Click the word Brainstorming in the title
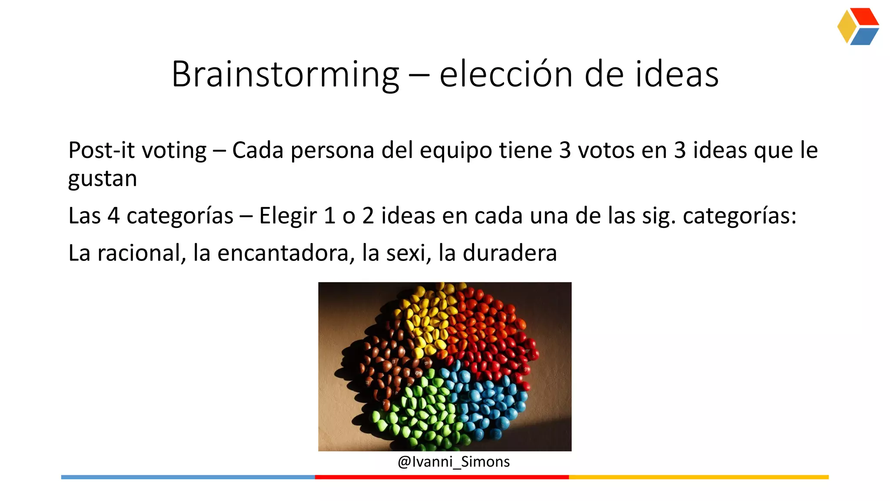pos(285,75)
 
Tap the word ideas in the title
pos(677,75)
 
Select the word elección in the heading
pos(506,75)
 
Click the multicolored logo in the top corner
pos(858,27)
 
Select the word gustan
pos(103,179)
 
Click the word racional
pos(139,253)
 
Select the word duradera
pos(509,253)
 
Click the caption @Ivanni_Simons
pos(453,461)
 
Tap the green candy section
pos(417,409)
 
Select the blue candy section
pos(487,400)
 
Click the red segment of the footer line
pos(442,477)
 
